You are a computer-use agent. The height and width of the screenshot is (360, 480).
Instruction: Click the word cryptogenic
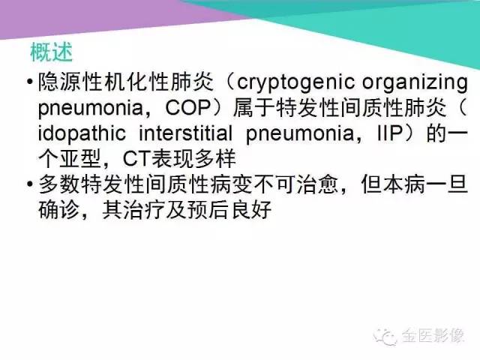(289, 80)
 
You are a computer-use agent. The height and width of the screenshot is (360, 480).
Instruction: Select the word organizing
(406, 80)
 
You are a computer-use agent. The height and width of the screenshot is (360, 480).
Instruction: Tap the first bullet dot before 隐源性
(28, 81)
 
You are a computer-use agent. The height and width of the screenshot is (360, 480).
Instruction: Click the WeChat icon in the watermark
(387, 336)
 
